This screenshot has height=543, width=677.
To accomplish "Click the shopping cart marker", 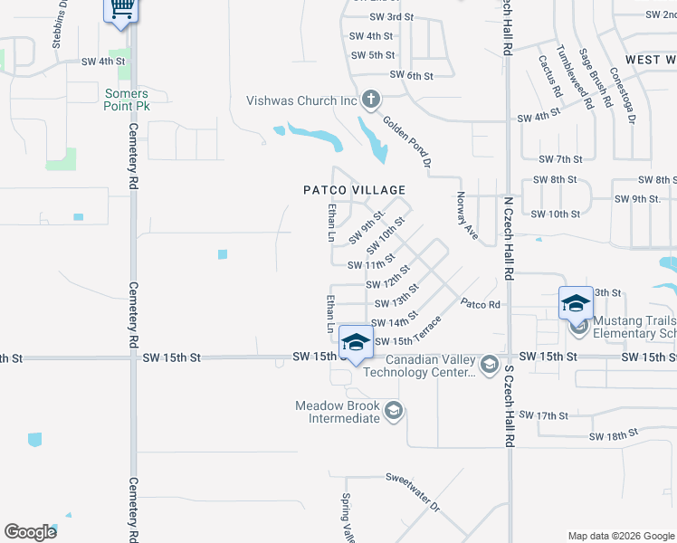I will click(120, 9).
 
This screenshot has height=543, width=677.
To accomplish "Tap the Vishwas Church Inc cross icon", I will click(370, 99).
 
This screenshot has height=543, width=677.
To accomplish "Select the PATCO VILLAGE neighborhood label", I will click(354, 190).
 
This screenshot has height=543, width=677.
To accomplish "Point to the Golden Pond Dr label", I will click(405, 143).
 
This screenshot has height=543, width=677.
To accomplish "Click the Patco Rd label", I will click(481, 304).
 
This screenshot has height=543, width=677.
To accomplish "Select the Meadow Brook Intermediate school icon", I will click(394, 412).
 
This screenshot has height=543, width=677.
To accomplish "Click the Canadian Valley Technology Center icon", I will click(490, 364).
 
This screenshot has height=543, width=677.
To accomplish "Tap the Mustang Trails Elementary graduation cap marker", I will click(576, 304).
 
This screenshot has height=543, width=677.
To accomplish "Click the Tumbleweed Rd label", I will click(573, 77).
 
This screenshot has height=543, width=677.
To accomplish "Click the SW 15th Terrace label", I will click(408, 332).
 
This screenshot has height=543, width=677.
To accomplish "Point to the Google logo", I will click(31, 531).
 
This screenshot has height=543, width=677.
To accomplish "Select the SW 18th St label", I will click(614, 436).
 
